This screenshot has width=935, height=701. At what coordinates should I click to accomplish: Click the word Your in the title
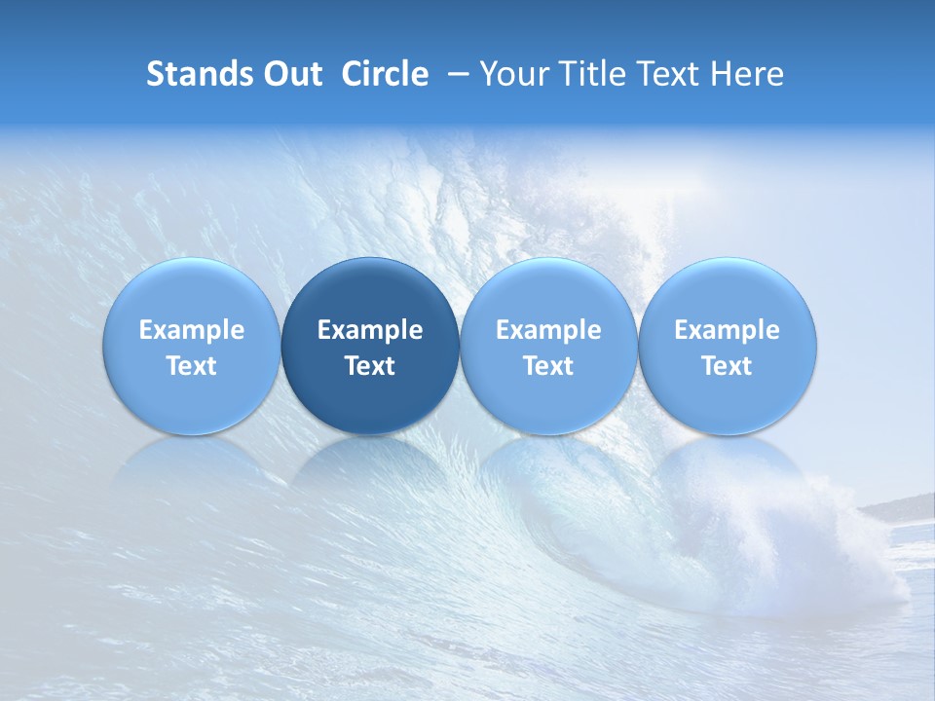510,74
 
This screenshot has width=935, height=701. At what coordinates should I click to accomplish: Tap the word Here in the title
748,74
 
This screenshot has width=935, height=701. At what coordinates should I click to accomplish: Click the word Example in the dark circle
370,330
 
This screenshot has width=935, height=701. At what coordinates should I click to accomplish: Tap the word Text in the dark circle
370,366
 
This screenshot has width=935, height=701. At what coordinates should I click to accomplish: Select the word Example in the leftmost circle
192,330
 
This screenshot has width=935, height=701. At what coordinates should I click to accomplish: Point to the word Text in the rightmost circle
727,366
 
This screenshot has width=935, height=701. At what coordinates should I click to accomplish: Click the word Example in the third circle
548,330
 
